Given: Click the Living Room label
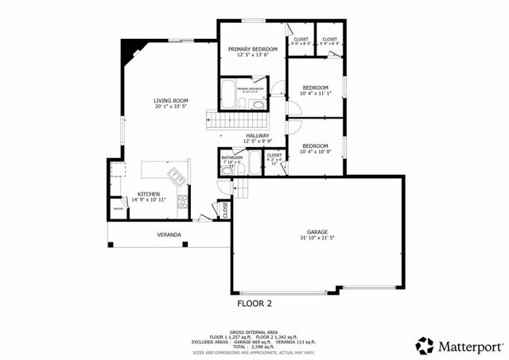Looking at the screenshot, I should click(171, 101).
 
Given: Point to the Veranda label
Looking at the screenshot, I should click(168, 234).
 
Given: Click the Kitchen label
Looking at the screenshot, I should click(149, 194).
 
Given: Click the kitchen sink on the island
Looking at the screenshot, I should click(176, 176).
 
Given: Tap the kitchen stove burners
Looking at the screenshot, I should click(182, 201).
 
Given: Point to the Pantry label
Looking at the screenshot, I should click(118, 208).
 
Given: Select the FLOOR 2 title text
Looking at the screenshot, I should click(254, 303).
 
